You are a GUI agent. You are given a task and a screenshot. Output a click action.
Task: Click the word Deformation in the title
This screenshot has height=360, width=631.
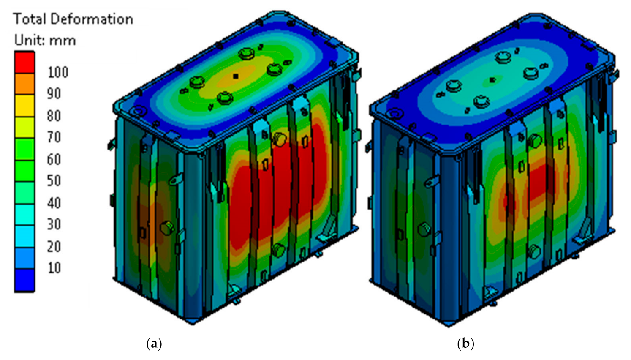click(92, 19)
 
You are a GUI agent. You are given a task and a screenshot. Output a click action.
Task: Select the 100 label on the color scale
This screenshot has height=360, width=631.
click(58, 72)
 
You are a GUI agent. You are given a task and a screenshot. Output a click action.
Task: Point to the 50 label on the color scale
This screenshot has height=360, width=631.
click(54, 181)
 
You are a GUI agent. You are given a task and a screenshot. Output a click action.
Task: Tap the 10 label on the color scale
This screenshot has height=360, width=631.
click(54, 268)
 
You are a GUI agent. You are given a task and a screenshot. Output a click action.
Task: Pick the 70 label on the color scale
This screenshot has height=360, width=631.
click(54, 138)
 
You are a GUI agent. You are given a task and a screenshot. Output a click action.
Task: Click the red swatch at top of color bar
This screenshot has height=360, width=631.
click(24, 63)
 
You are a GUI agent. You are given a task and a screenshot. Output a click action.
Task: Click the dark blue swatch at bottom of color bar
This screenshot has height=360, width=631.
click(24, 280)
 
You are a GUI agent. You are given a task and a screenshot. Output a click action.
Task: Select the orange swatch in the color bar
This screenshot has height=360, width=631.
click(24, 84)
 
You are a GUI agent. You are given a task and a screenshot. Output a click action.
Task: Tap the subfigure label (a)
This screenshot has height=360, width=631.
click(154, 344)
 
